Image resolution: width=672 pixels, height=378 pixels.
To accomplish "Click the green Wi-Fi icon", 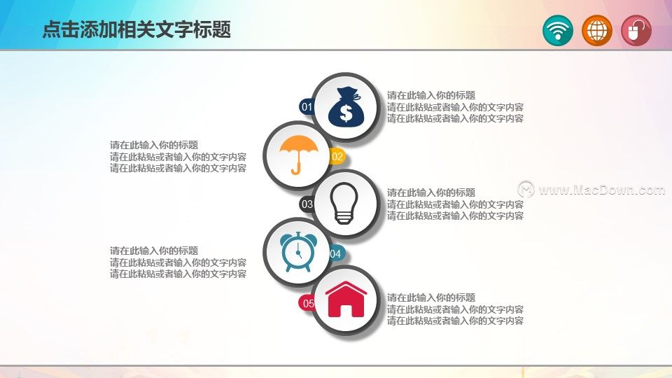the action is pyautogui.click(x=558, y=30).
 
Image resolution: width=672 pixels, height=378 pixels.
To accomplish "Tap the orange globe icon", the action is pyautogui.click(x=597, y=30).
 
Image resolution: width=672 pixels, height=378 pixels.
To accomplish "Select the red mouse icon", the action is pyautogui.click(x=636, y=30).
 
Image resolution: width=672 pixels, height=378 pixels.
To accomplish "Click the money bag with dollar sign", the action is pyautogui.click(x=346, y=106).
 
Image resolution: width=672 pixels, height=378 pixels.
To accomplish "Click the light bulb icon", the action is pyautogui.click(x=344, y=203).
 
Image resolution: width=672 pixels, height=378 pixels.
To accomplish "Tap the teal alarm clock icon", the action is pyautogui.click(x=299, y=252).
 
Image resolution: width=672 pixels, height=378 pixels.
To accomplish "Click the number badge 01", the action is pyautogui.click(x=306, y=106).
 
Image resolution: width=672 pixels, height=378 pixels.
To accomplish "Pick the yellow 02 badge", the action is pyautogui.click(x=337, y=156).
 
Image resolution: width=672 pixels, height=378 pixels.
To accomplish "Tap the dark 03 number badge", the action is pyautogui.click(x=307, y=204).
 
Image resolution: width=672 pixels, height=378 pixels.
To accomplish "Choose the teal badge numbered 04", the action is pyautogui.click(x=337, y=253).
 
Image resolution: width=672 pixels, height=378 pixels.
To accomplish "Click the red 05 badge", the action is pyautogui.click(x=307, y=303).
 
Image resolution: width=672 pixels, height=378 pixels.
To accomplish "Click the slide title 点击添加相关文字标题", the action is pyautogui.click(x=136, y=29).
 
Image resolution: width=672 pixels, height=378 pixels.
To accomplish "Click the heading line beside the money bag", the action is pyautogui.click(x=431, y=95).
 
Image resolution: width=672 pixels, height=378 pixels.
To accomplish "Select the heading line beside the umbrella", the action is pyautogui.click(x=154, y=145).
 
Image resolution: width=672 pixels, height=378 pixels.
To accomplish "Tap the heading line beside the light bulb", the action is pyautogui.click(x=431, y=192).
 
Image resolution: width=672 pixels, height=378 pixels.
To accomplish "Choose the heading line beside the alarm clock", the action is pyautogui.click(x=154, y=251).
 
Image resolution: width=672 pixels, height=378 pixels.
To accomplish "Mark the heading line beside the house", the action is pyautogui.click(x=431, y=297).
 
